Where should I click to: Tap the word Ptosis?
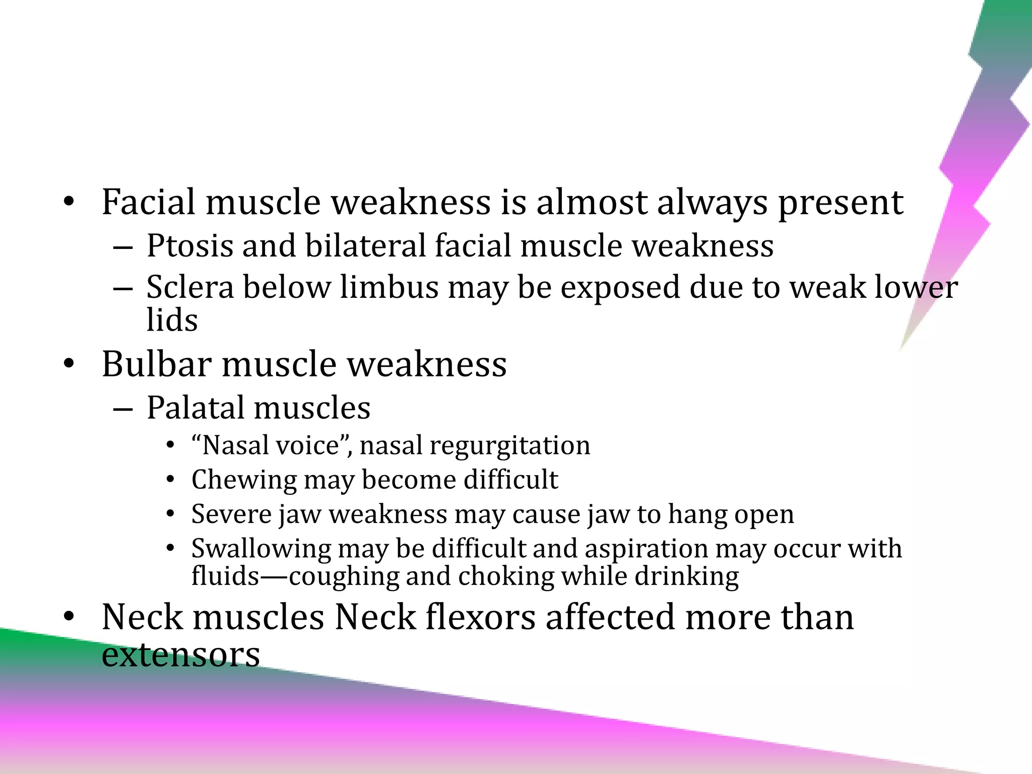click(190, 246)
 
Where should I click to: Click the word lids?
click(172, 320)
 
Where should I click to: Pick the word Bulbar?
click(156, 364)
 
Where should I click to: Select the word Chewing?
click(244, 480)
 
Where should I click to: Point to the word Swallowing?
click(261, 549)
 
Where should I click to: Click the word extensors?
click(181, 655)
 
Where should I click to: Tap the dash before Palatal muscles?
click(123, 409)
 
